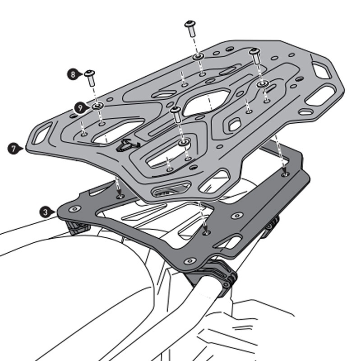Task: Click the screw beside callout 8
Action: [x=90, y=78]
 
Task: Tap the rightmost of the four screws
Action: [x=255, y=57]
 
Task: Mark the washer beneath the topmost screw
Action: [x=198, y=56]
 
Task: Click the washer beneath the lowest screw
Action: [x=183, y=142]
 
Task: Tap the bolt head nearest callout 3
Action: [x=74, y=209]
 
